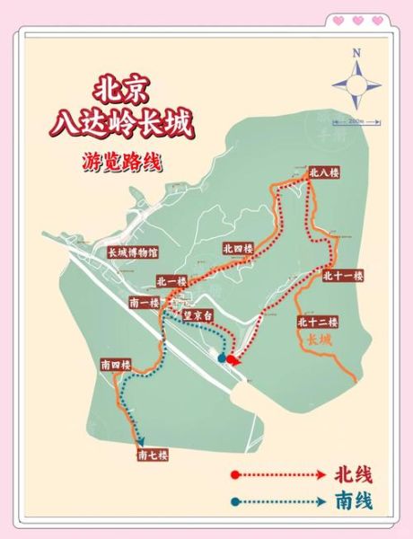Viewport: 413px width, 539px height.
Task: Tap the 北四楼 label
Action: click(238, 248)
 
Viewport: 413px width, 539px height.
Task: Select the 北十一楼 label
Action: click(342, 275)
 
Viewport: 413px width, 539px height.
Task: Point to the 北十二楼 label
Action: click(316, 322)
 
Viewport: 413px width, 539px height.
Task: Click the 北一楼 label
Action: click(170, 281)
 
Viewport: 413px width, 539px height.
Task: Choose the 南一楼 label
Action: click(145, 302)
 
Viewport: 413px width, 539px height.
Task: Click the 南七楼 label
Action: click(154, 455)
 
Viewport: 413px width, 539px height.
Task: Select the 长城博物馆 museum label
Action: click(133, 252)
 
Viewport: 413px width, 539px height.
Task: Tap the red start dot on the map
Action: click(233, 360)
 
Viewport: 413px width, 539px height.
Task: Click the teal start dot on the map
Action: click(222, 359)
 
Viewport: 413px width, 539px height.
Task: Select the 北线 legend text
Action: click(352, 474)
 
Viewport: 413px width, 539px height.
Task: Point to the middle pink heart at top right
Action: click(357, 20)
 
